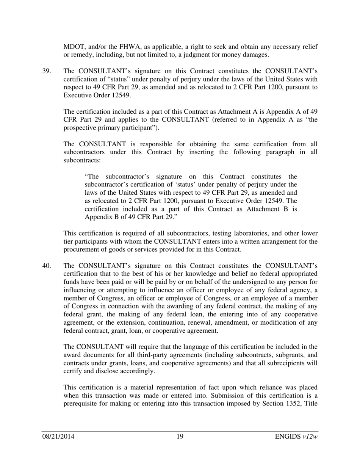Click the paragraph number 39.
tap(46, 71)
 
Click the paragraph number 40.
tap(46, 265)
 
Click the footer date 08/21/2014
tap(58, 437)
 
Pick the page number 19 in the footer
tap(180, 437)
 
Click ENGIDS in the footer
tap(288, 437)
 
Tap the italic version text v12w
tap(310, 437)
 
